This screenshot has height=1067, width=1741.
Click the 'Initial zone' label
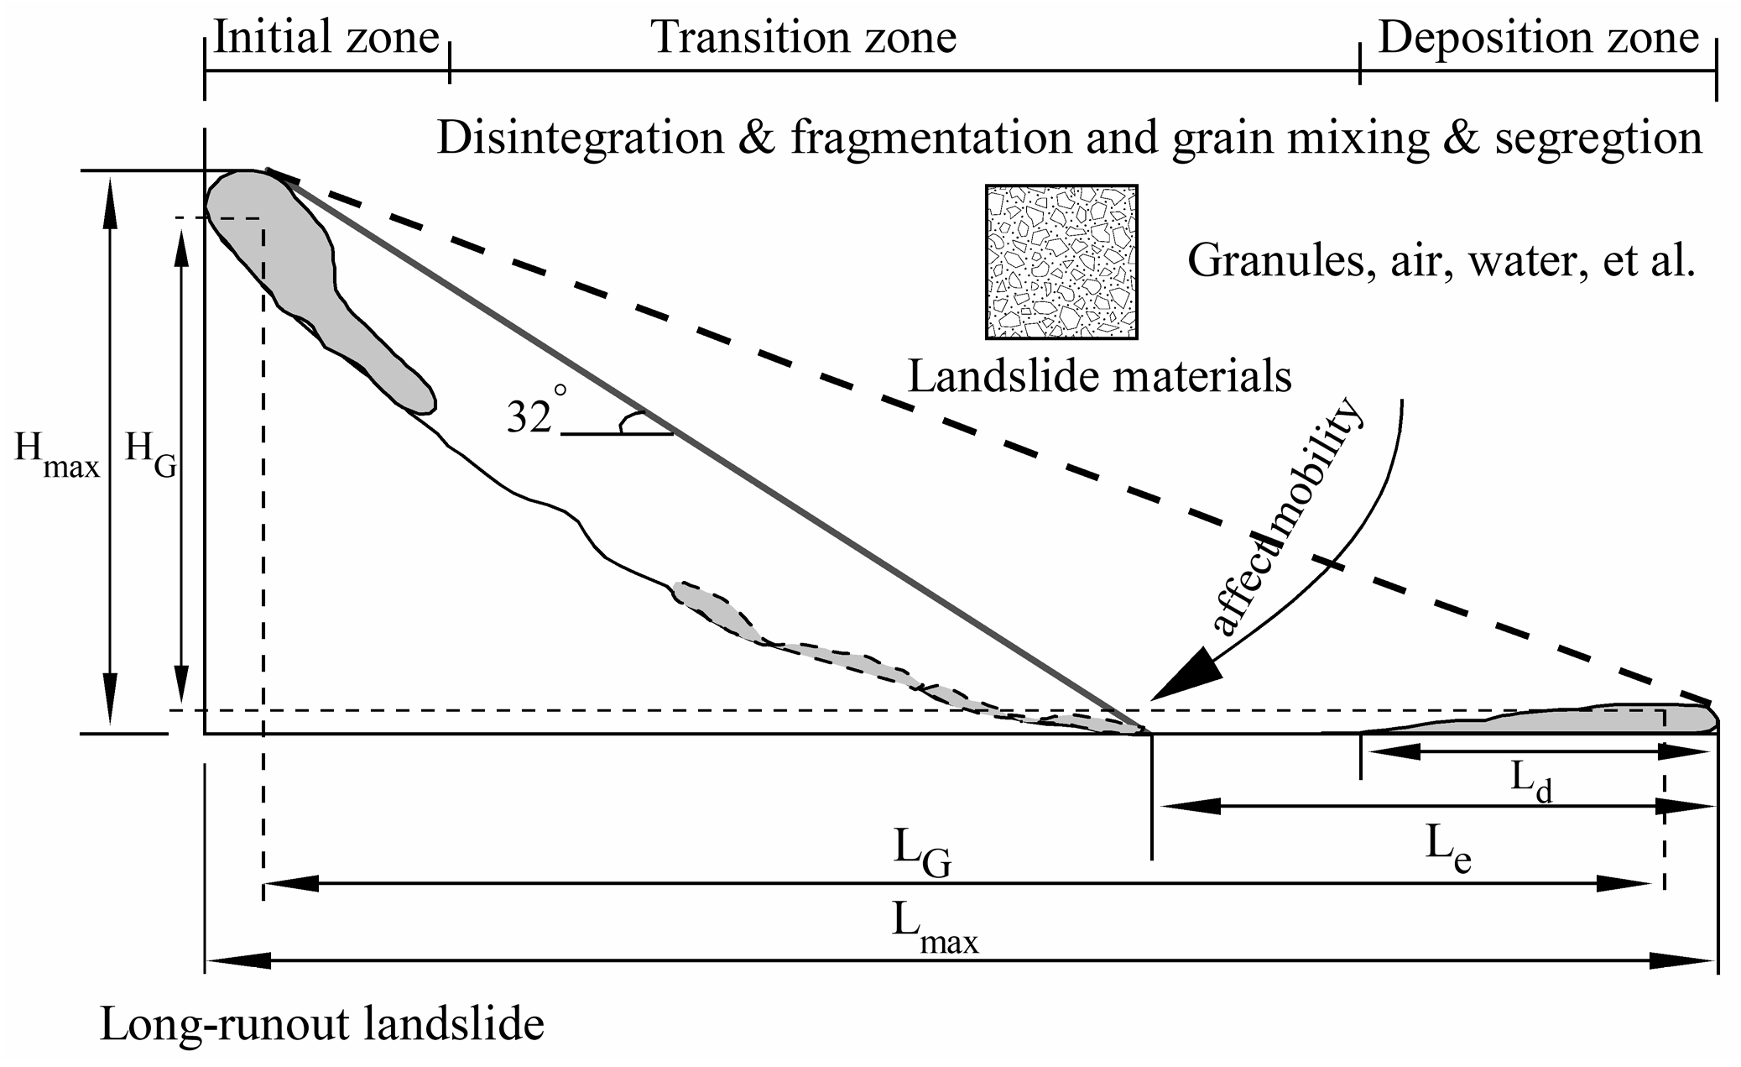(x=326, y=38)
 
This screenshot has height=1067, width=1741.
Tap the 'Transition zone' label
(x=803, y=38)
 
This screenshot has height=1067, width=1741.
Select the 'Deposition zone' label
(x=1538, y=38)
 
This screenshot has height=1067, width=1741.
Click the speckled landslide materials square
(x=1061, y=262)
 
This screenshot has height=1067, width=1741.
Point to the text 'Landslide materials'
(x=1100, y=376)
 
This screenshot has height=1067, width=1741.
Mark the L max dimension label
(x=933, y=928)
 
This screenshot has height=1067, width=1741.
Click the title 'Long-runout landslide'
(x=322, y=1025)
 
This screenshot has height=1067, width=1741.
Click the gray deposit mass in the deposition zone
(x=1594, y=720)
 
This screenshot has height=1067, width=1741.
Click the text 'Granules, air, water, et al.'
(x=1441, y=261)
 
